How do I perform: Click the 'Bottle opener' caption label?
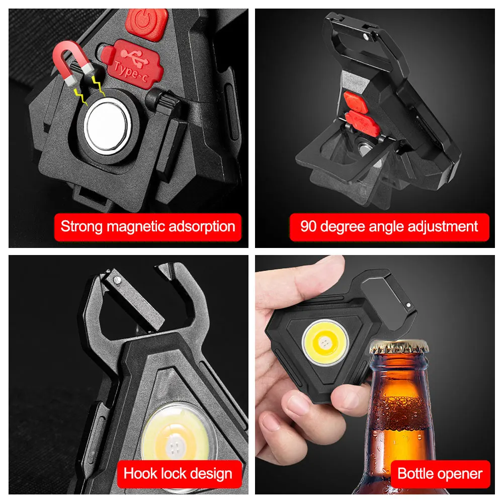point(440,473)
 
